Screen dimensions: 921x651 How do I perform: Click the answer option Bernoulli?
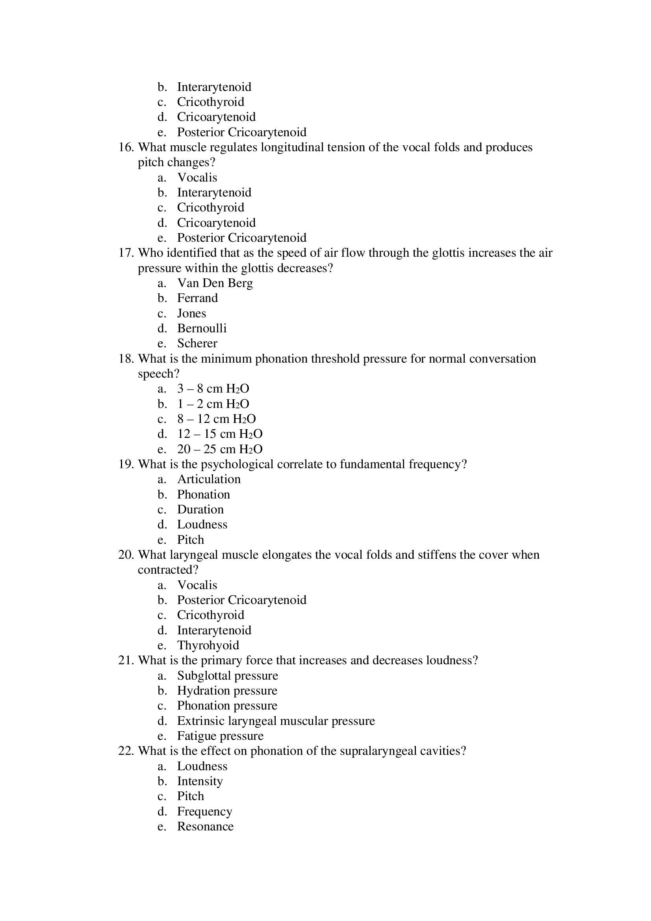coord(202,328)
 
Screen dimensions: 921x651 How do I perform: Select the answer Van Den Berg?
coord(215,283)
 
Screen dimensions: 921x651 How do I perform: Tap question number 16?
coord(126,147)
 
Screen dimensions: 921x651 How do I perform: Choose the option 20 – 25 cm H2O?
coord(220,449)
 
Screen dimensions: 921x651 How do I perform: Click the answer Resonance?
coord(205,826)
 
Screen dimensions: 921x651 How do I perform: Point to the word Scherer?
coord(197,343)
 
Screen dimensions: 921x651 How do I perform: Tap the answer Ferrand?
coord(197,298)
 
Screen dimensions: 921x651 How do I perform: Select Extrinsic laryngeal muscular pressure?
coord(276,721)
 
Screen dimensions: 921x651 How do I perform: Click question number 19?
coord(126,464)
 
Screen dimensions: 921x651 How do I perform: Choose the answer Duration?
coord(200,510)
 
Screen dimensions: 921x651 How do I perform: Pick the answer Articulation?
coord(209,479)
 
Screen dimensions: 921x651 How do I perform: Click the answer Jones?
coord(191,313)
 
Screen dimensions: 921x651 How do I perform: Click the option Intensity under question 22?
coord(200,781)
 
